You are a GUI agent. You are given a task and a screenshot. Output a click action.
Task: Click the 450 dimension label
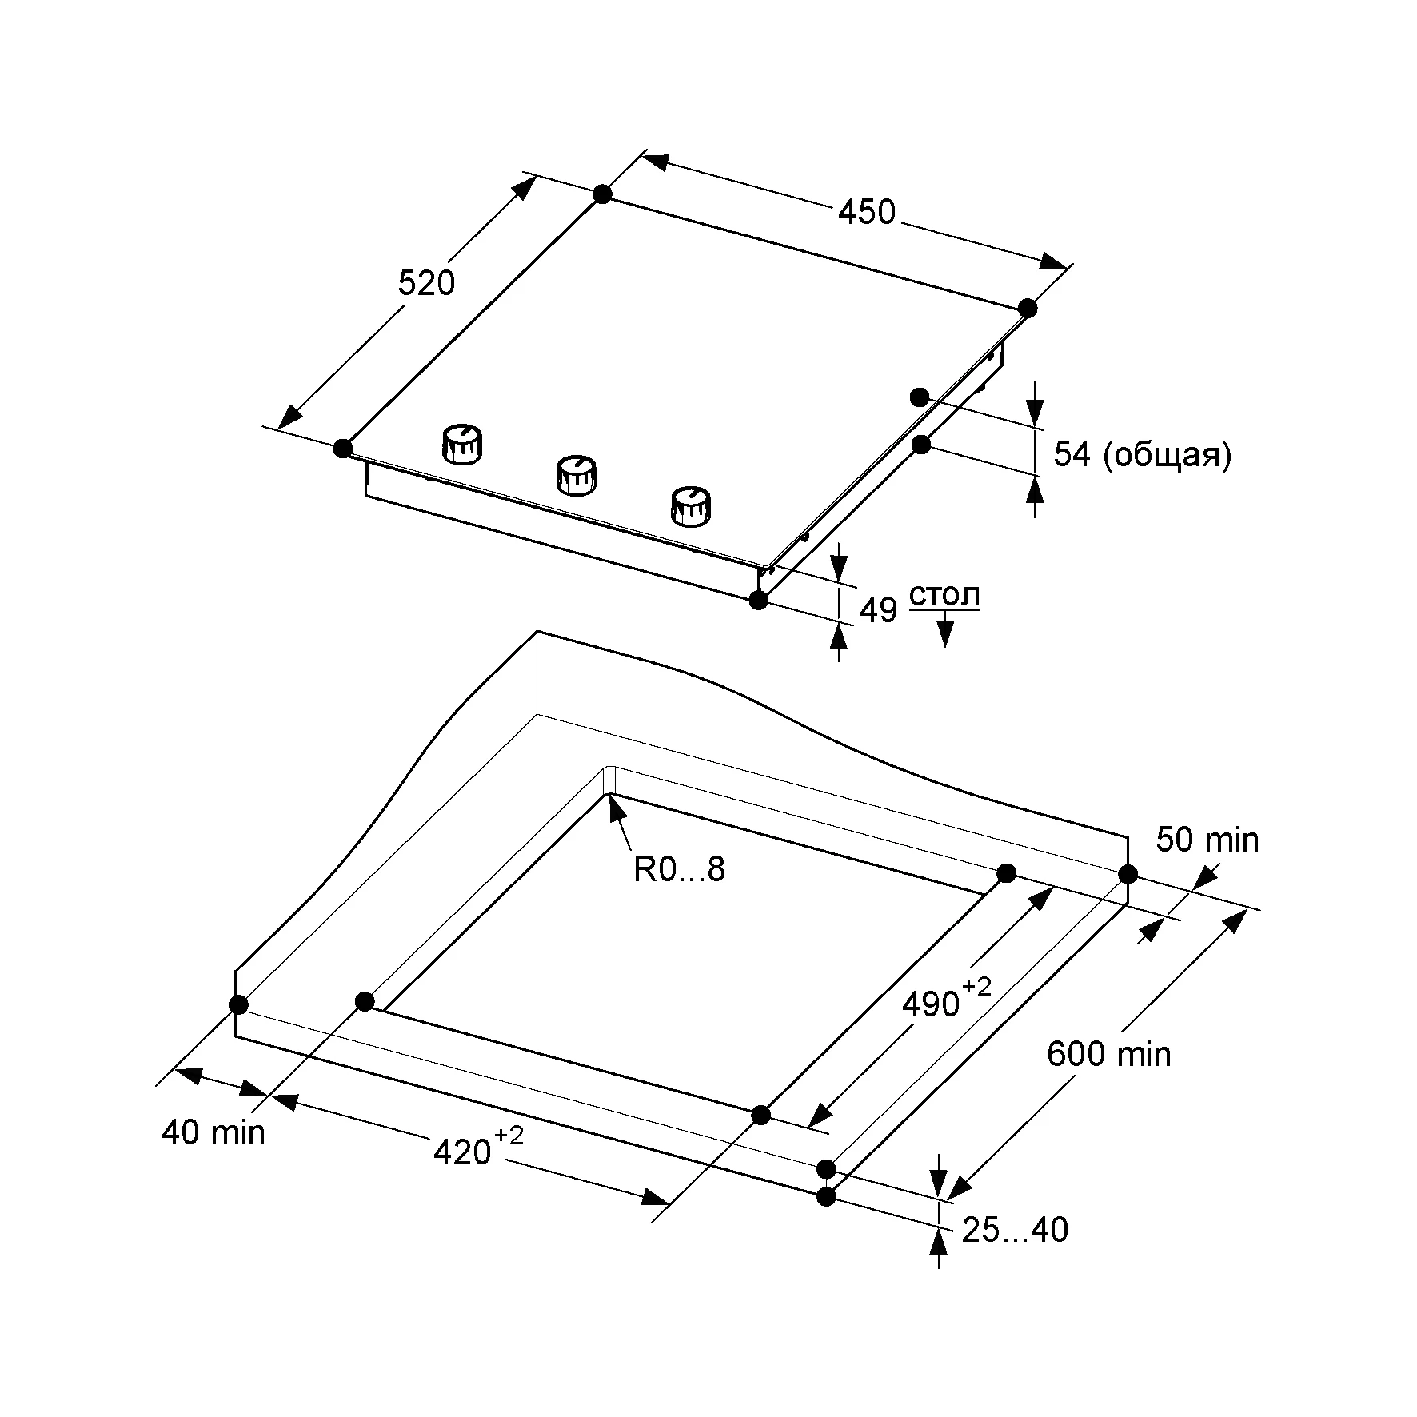(867, 213)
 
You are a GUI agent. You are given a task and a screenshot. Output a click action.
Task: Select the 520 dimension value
(426, 283)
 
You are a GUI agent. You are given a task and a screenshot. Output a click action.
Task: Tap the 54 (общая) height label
(1142, 454)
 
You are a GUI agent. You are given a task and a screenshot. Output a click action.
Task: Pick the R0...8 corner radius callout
(679, 868)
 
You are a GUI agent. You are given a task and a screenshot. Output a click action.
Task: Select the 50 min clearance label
(1207, 840)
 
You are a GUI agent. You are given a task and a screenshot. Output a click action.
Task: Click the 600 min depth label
(1108, 1054)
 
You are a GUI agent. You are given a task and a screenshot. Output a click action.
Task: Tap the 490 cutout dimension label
(931, 1004)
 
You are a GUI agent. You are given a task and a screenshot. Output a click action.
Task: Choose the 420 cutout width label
(462, 1152)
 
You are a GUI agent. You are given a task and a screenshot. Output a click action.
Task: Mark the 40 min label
(213, 1132)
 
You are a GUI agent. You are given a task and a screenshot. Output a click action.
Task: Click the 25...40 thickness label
(1015, 1230)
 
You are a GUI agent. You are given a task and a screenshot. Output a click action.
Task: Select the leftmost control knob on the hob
(462, 444)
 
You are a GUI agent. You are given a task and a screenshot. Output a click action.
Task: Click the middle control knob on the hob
(576, 475)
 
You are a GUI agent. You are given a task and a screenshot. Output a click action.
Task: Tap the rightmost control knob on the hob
(690, 506)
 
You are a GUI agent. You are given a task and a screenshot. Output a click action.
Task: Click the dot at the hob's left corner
(343, 448)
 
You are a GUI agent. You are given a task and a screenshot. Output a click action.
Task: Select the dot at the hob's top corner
(602, 194)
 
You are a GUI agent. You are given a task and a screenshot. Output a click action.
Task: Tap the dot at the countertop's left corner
(237, 1004)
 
